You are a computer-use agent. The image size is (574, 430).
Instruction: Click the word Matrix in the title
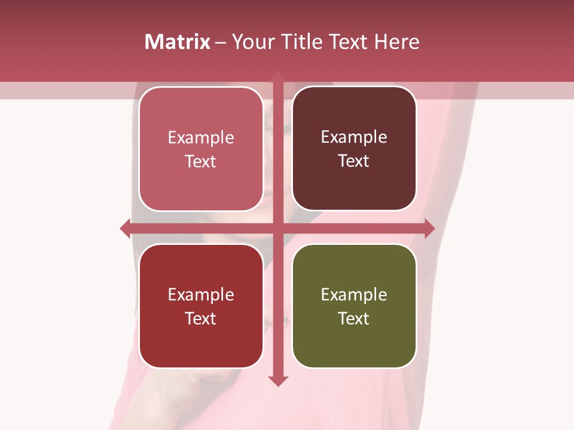pos(178,42)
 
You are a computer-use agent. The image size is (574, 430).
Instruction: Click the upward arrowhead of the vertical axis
pos(278,76)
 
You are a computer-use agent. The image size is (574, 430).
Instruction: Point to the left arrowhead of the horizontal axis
pos(125,228)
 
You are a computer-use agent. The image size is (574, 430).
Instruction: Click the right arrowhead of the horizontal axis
pos(429,228)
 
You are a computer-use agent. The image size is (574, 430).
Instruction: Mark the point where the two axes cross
pos(278,228)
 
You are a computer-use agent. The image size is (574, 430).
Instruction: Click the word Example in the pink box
pos(201,137)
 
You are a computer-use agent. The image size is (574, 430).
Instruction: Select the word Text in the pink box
pos(201,161)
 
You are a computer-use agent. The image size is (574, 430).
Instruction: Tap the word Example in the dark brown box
pos(354,137)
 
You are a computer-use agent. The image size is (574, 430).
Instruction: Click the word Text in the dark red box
pos(201,318)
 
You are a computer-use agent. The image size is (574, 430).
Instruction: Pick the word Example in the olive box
pos(354,294)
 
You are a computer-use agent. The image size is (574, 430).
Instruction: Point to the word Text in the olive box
pos(354,318)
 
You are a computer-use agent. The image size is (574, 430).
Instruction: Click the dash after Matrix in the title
pos(221,42)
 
